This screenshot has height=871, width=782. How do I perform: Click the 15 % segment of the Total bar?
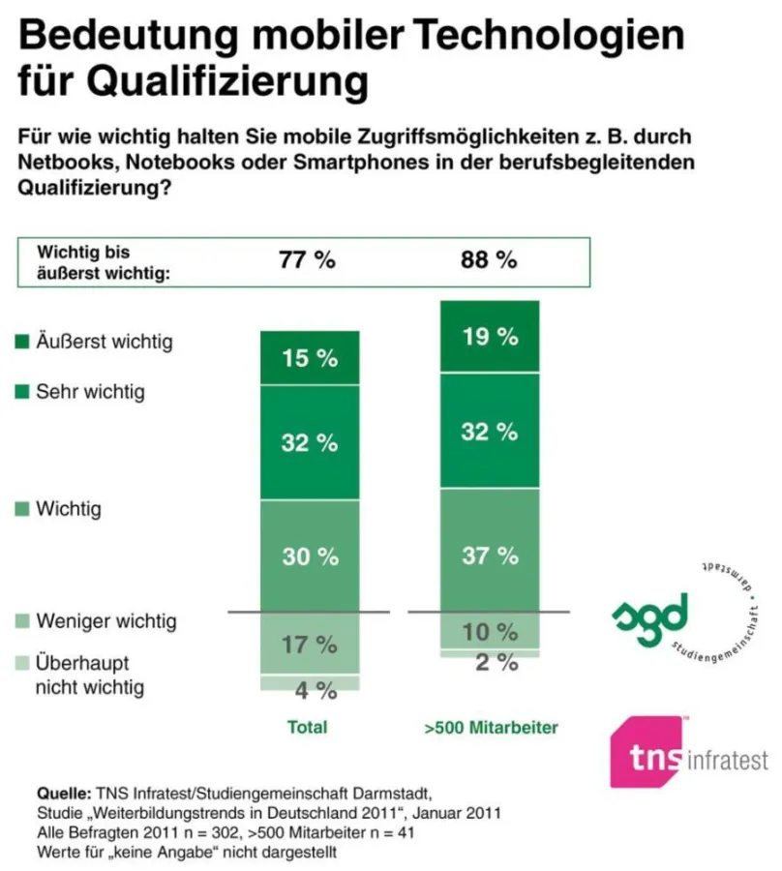(x=310, y=358)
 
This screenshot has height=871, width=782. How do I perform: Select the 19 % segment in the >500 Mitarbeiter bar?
(x=489, y=337)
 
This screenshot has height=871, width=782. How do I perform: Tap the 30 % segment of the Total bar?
(x=310, y=556)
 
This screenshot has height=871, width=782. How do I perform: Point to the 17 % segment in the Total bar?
(x=310, y=644)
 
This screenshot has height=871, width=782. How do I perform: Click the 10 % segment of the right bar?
(x=489, y=632)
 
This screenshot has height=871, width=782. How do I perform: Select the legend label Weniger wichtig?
(x=105, y=620)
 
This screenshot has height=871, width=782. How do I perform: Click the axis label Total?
(x=308, y=727)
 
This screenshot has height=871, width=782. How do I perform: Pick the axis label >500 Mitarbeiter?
(x=491, y=727)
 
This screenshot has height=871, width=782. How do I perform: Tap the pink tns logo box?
(x=647, y=752)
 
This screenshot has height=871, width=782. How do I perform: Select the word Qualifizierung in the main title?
(x=193, y=79)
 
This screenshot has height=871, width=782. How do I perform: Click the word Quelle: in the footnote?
(x=63, y=791)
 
